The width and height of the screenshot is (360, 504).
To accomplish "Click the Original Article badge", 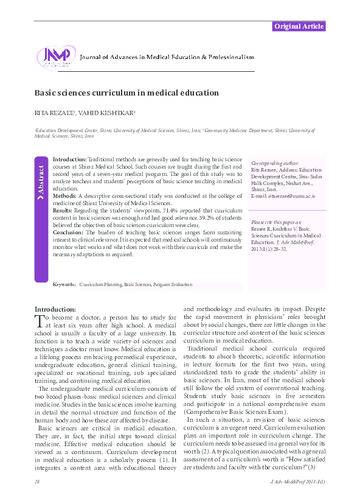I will (299, 26).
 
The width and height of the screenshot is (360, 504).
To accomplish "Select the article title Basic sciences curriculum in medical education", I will (126, 93).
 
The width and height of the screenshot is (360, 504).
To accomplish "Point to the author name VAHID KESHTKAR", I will (113, 113).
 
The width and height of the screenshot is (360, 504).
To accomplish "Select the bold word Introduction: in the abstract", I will (70, 158).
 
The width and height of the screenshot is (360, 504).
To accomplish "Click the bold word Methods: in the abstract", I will (65, 196).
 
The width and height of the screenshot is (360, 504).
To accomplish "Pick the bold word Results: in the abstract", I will (63, 210).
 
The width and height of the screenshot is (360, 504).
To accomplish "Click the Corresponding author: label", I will (275, 164).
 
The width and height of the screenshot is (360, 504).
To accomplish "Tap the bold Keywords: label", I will (64, 284).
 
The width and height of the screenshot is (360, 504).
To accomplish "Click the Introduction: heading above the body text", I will (55, 309).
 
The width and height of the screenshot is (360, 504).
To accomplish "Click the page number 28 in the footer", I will (38, 482).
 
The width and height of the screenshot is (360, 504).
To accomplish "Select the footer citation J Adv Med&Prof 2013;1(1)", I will (296, 482).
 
